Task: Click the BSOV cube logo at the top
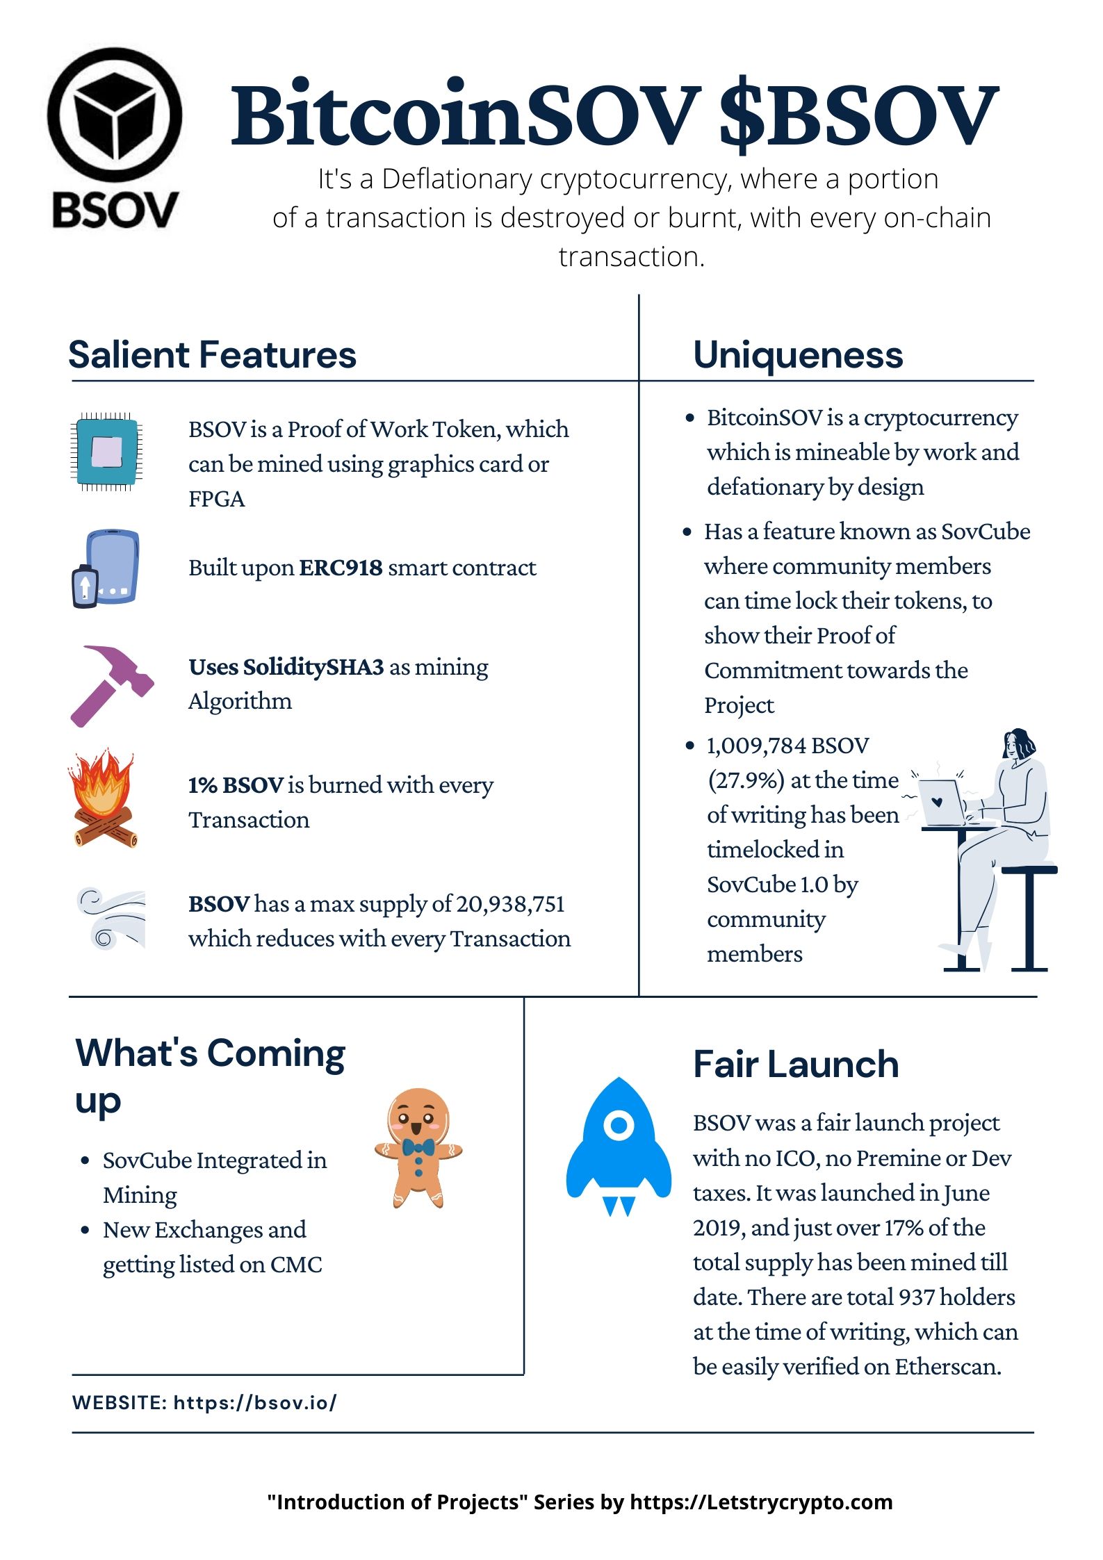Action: (x=115, y=139)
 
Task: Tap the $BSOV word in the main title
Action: (x=859, y=115)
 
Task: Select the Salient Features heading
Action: (x=213, y=354)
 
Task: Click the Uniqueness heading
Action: (x=799, y=355)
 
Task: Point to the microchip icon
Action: (x=106, y=452)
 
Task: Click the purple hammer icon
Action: (x=112, y=687)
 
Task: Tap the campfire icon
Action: (x=102, y=798)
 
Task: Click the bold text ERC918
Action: (x=341, y=568)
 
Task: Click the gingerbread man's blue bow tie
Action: (x=418, y=1147)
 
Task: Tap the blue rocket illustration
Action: (x=619, y=1147)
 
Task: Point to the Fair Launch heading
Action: (x=796, y=1064)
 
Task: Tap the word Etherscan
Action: (x=947, y=1366)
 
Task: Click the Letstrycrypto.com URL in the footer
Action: (x=761, y=1502)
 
